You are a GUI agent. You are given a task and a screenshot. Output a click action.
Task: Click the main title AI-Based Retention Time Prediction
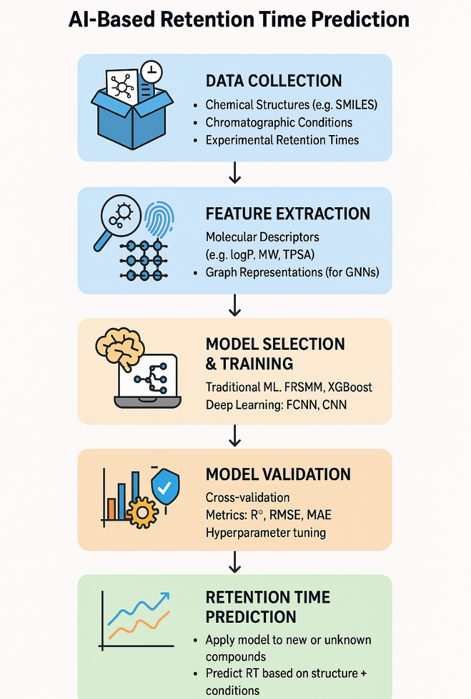coord(239,20)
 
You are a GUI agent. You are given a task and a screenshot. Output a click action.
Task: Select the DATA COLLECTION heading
coord(274,81)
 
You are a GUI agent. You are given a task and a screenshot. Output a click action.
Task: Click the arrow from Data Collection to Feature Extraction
coord(235,173)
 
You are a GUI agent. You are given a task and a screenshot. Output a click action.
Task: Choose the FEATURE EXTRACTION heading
coord(288,214)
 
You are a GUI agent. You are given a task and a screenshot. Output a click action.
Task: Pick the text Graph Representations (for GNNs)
coord(292,272)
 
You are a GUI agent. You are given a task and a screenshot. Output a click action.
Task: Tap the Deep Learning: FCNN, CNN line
coord(276,404)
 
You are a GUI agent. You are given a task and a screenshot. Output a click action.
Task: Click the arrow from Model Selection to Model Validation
coord(235,435)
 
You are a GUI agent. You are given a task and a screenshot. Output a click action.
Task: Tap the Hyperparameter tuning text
coord(265,533)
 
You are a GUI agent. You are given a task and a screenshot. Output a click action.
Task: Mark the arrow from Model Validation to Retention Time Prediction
coord(235,562)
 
